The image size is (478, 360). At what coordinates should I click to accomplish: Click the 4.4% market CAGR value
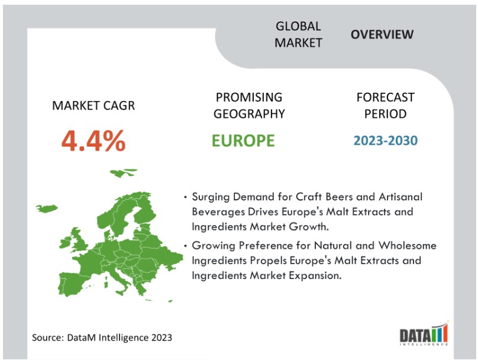[x=93, y=141]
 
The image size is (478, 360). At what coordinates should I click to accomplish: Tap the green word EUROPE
[x=243, y=141]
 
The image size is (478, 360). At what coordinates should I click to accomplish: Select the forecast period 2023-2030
[x=385, y=141]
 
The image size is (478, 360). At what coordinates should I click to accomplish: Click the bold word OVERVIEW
[x=382, y=34]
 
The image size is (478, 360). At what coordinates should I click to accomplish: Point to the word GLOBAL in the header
[x=298, y=26]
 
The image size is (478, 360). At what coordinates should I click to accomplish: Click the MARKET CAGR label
[x=93, y=106]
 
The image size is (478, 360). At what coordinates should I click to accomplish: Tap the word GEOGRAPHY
[x=249, y=114]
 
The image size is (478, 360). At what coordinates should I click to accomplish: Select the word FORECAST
[x=385, y=98]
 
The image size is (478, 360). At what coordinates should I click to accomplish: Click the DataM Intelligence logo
[x=424, y=333]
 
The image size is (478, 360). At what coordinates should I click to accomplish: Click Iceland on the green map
[x=47, y=208]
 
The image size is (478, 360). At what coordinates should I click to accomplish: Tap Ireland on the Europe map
[x=64, y=244]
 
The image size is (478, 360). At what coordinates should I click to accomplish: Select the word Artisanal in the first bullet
[x=401, y=197]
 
